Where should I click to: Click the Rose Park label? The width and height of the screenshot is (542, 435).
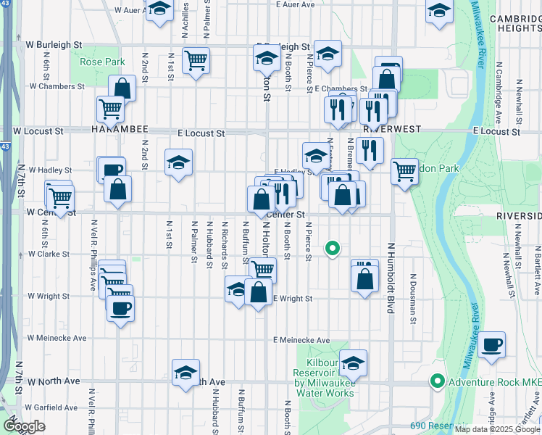(102, 62)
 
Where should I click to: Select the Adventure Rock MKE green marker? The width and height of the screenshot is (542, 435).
(437, 381)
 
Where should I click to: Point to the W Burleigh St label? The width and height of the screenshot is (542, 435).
(54, 44)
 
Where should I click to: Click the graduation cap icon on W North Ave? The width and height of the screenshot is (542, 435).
(185, 372)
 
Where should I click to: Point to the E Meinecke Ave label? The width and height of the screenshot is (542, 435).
(301, 340)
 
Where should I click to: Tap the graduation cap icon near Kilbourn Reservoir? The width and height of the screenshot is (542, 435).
(353, 363)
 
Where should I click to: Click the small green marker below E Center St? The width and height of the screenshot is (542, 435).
(333, 249)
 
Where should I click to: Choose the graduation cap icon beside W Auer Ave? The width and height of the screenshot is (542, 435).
(159, 10)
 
